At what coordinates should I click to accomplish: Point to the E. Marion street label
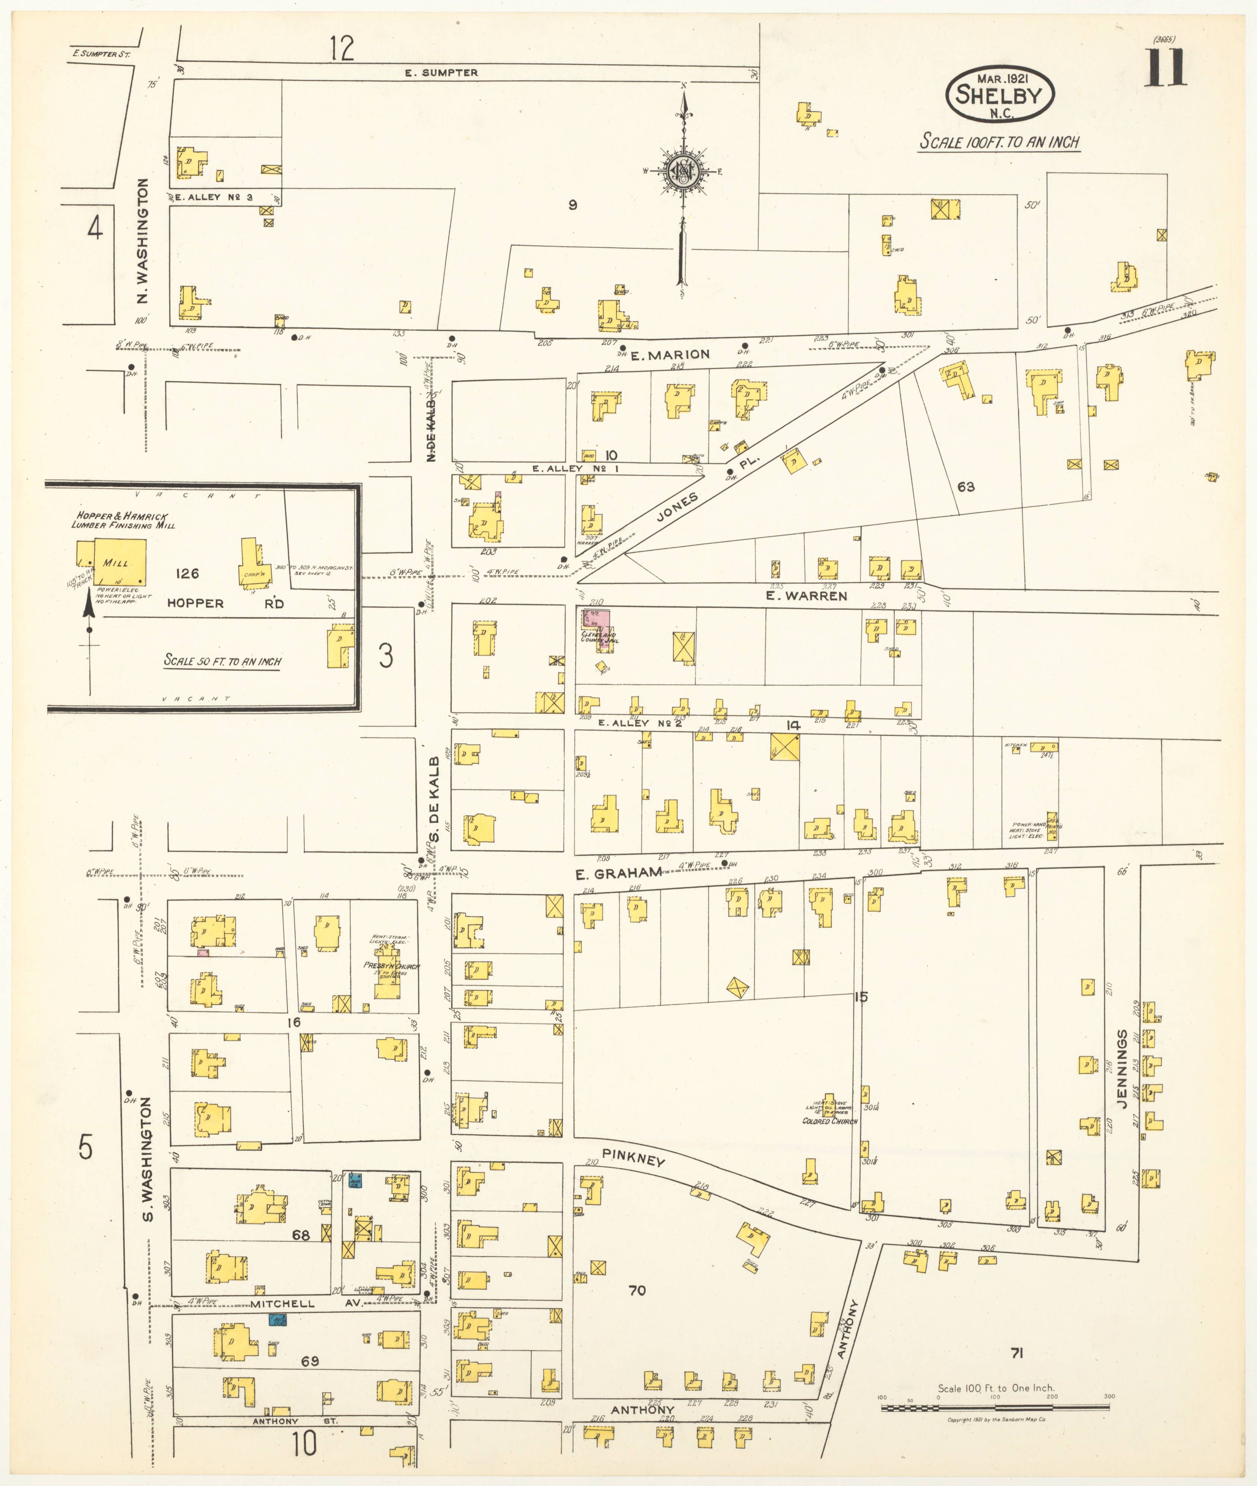point(670,354)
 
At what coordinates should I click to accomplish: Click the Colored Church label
point(830,1121)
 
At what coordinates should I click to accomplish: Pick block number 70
point(637,1290)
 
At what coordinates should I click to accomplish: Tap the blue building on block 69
point(277,1320)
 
